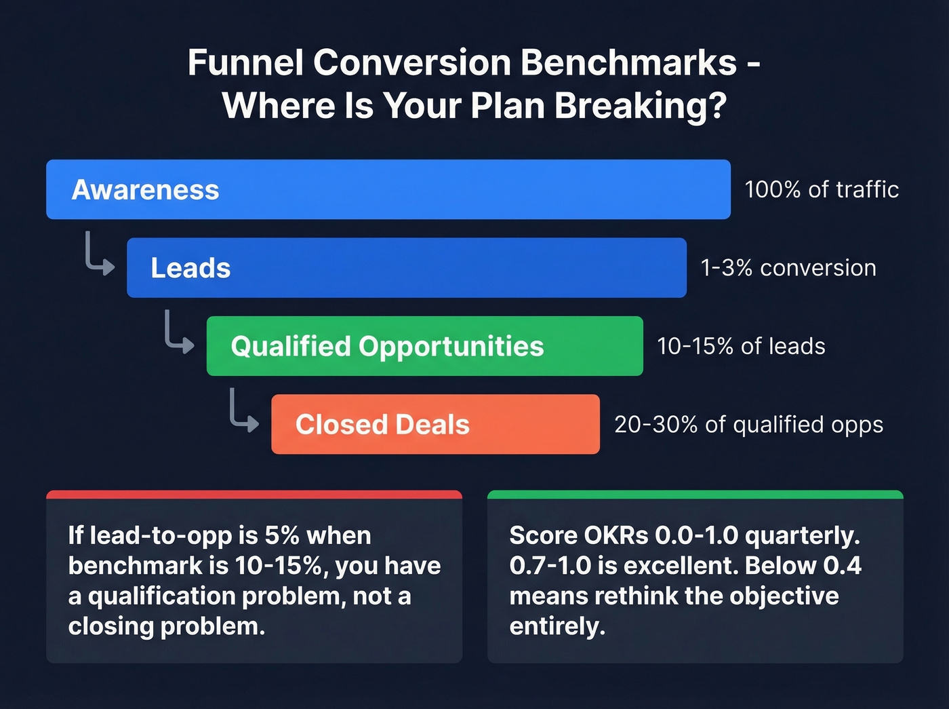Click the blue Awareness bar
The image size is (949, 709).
coord(388,189)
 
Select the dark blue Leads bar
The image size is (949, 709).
coord(407,267)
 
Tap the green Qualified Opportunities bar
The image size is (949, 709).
coord(424,346)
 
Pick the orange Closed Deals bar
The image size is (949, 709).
coord(435,424)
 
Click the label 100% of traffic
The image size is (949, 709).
coord(822,189)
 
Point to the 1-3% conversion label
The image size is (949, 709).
coord(788,268)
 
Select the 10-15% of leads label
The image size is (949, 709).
coord(741,346)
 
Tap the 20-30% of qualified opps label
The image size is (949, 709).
coord(748,425)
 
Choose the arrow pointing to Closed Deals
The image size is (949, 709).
coord(243,410)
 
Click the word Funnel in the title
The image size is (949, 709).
coord(245,62)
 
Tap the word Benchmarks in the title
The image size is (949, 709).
coord(628,62)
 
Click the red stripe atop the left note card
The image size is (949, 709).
coord(254,495)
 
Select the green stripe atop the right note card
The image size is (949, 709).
coord(695,495)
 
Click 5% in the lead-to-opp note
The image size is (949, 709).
coord(282,535)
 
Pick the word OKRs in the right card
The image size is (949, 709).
coord(615,535)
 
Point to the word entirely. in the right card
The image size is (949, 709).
coord(557,626)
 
